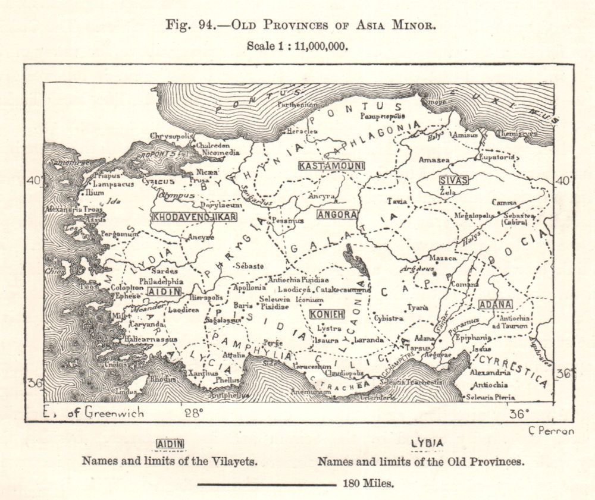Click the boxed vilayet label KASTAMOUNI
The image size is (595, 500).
pyautogui.click(x=331, y=165)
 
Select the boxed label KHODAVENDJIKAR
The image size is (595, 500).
pyautogui.click(x=194, y=216)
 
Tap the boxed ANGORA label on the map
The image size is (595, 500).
pyautogui.click(x=337, y=214)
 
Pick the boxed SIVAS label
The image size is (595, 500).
pyautogui.click(x=453, y=180)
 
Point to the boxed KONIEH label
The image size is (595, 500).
pyautogui.click(x=327, y=313)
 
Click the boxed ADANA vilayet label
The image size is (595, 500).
pyautogui.click(x=495, y=304)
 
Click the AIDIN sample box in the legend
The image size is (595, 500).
pyautogui.click(x=170, y=444)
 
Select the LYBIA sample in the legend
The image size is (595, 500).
pyautogui.click(x=427, y=444)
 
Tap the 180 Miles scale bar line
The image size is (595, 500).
pyautogui.click(x=266, y=484)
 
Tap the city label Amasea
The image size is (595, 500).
pyautogui.click(x=434, y=161)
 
